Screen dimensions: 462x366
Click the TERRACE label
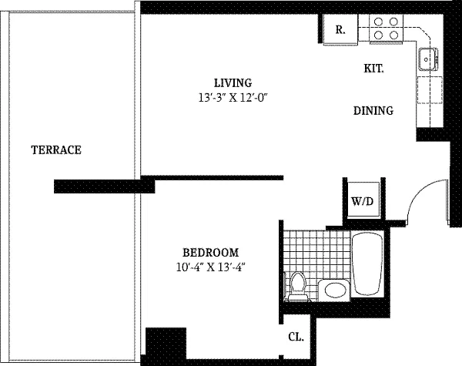tap(56, 149)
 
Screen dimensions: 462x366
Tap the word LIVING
tap(233, 83)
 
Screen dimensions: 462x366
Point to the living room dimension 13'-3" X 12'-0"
tap(234, 97)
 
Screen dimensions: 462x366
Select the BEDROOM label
tap(211, 253)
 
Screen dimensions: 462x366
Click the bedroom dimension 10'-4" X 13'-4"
tap(211, 267)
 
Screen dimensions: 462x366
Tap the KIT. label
tap(373, 69)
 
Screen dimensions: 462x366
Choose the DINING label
tap(373, 111)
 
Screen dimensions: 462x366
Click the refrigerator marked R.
tap(340, 29)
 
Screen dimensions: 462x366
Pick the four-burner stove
tap(386, 29)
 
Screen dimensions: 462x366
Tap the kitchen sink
tap(428, 59)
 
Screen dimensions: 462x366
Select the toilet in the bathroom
tap(297, 287)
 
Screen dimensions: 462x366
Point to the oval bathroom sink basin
tap(335, 290)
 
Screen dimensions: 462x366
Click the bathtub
tap(368, 264)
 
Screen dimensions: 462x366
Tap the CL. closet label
tap(296, 337)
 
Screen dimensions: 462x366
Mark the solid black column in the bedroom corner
tap(166, 344)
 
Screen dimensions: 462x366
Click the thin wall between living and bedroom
tap(219, 177)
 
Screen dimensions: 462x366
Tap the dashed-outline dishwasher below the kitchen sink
tap(430, 90)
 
